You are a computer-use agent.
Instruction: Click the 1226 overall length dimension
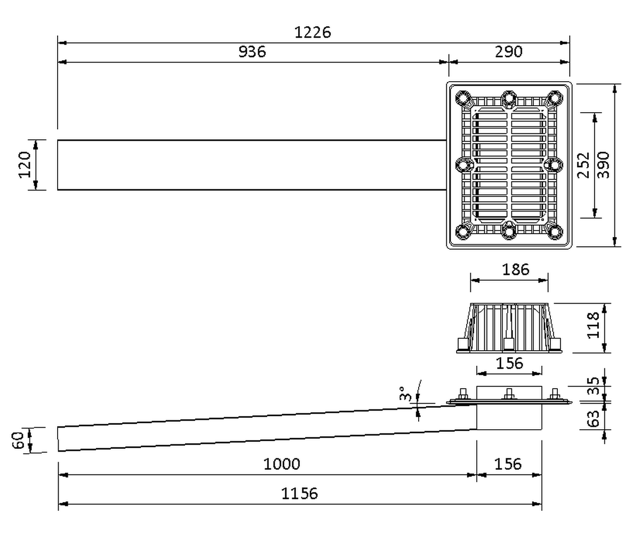coord(313,33)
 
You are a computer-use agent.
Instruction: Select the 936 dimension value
coord(252,52)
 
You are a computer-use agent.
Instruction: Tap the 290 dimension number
coord(508,52)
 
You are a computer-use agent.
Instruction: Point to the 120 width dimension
coord(25,164)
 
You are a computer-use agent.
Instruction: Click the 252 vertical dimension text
coord(583,165)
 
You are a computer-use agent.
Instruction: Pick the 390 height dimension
coord(603,165)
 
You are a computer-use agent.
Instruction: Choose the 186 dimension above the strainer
coord(516,270)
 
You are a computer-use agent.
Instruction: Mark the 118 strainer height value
coord(593,326)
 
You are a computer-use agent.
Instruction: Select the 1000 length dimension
coord(282,464)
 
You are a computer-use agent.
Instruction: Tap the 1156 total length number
coord(299,494)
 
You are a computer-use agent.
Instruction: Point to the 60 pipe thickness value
coord(18,440)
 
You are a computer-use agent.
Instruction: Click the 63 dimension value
coord(593,418)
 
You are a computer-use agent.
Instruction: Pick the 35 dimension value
coord(593,386)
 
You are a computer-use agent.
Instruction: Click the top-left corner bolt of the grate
coord(463,99)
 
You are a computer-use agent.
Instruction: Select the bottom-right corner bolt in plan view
coord(555,232)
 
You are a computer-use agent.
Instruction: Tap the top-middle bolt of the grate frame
coord(509,99)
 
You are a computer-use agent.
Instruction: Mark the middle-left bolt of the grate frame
coord(463,165)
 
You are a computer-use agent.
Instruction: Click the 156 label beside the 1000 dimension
coord(508,464)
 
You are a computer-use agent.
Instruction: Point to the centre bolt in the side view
coord(509,394)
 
